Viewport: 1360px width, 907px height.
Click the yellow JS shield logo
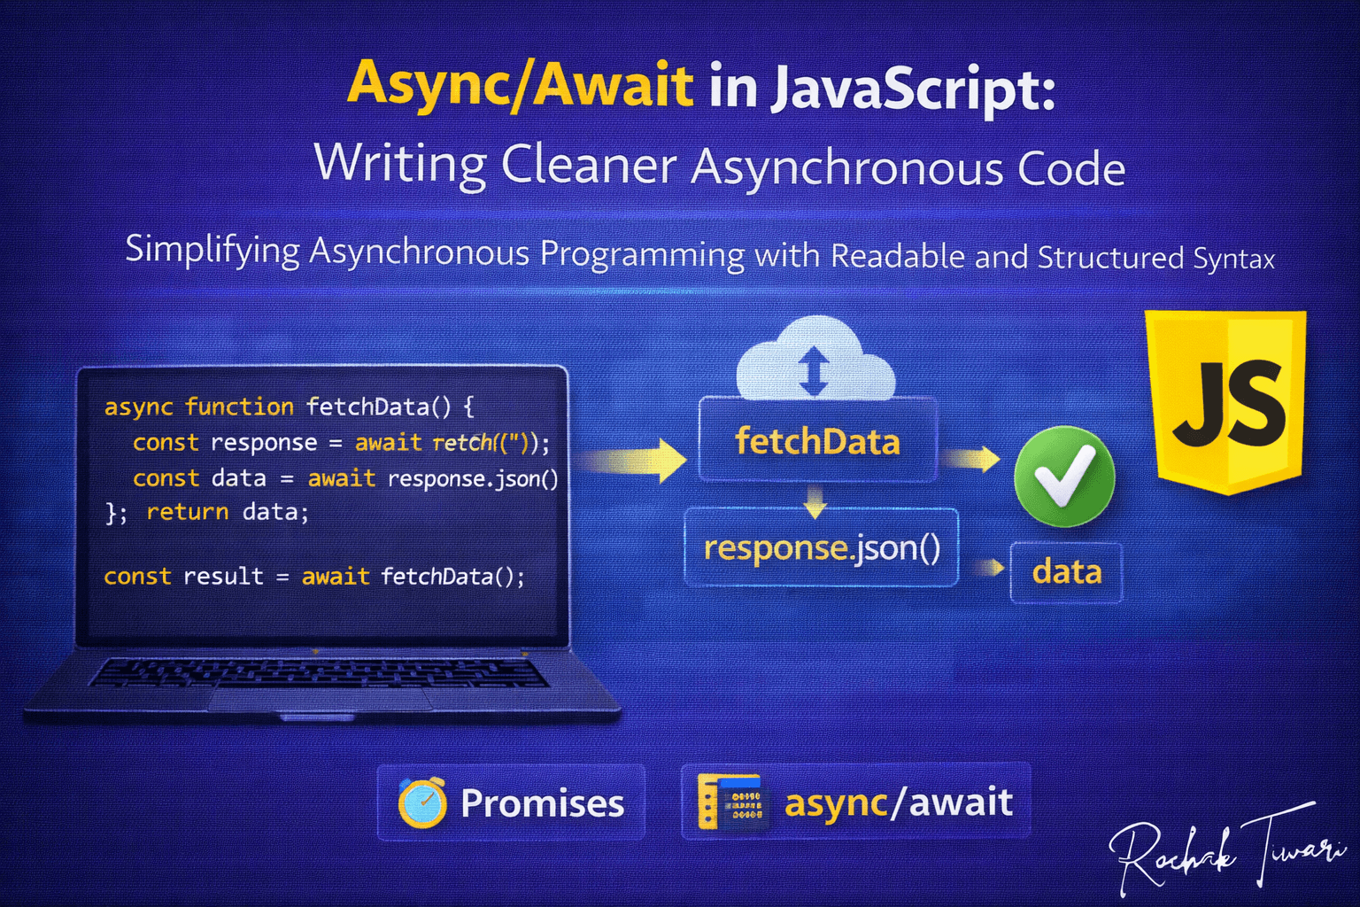point(1225,402)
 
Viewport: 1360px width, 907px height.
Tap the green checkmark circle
point(1064,476)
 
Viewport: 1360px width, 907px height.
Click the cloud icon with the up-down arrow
point(815,359)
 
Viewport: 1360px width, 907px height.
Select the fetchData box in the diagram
point(818,440)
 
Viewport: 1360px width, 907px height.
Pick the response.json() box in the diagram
point(822,547)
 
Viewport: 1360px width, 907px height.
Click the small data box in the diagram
point(1067,572)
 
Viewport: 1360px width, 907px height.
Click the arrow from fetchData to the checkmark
point(970,459)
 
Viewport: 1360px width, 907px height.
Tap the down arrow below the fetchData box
point(815,502)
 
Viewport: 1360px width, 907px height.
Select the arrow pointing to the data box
point(988,568)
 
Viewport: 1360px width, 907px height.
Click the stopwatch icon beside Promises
point(422,802)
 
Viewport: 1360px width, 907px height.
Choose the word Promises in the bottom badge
point(542,803)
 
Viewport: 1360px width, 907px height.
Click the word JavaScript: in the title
point(913,89)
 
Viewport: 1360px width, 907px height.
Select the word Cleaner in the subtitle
point(588,166)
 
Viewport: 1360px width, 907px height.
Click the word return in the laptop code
point(188,512)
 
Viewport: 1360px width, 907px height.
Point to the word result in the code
point(223,576)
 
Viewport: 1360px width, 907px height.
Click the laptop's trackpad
point(321,699)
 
